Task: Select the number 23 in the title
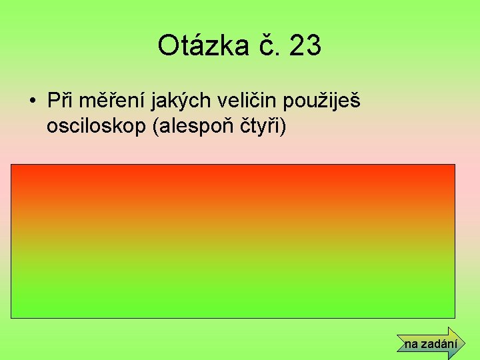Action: (305, 46)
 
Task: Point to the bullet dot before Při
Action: (32, 102)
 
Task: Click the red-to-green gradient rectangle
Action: (233, 241)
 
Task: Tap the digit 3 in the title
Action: (313, 46)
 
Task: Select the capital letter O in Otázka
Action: (168, 46)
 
